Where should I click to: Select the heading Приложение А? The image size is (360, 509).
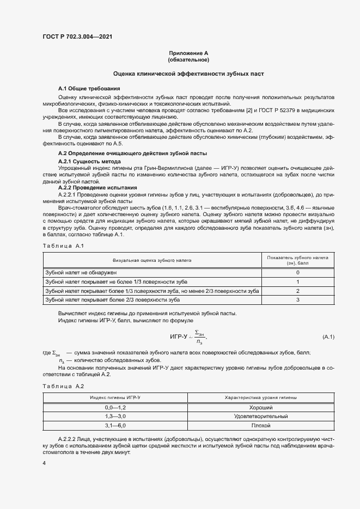[188, 53]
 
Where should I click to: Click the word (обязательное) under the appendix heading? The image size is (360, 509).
[188, 60]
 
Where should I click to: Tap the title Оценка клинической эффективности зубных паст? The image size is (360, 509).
[188, 73]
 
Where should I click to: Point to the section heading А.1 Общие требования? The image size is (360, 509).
[89, 88]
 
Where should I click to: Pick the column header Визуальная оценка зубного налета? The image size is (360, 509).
[152, 261]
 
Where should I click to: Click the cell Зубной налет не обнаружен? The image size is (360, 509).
[81, 272]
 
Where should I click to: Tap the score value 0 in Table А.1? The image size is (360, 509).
[298, 272]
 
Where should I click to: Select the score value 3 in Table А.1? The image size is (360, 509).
[298, 300]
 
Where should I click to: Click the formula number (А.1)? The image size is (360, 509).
[328, 338]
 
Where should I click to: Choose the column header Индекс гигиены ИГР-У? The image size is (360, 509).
[115, 398]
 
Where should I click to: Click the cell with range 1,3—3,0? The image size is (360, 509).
[115, 416]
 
